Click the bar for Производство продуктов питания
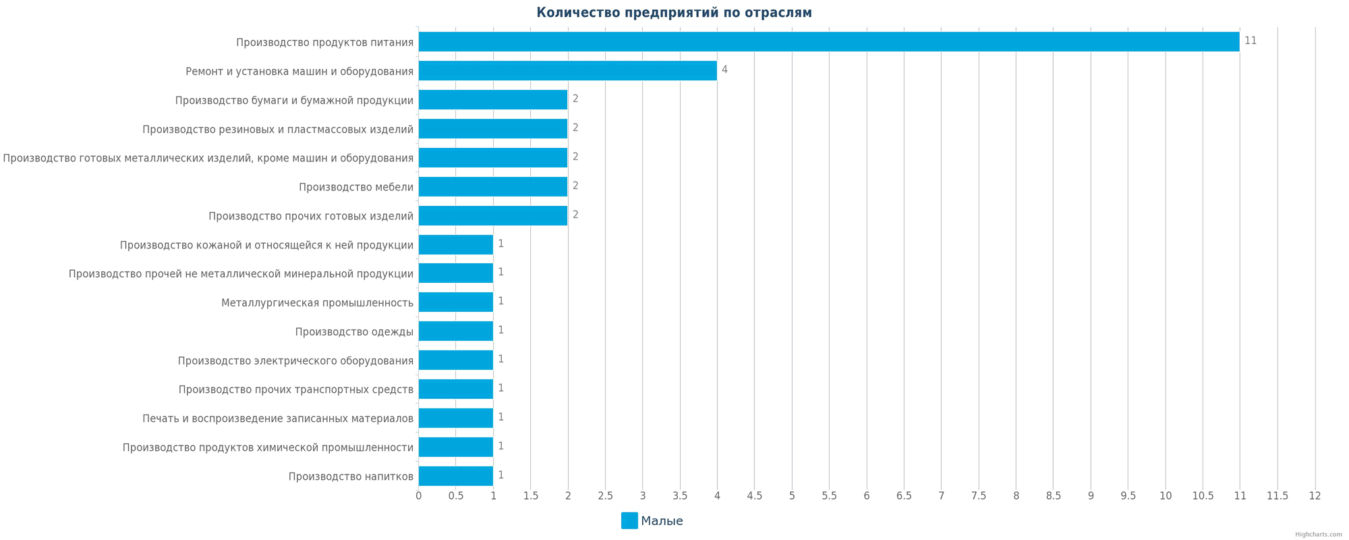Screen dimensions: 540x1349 coord(828,42)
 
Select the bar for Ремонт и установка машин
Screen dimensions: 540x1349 coord(567,71)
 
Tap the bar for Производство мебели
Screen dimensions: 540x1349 coord(493,186)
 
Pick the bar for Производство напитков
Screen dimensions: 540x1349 coord(456,476)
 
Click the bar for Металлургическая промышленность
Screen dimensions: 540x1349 coord(456,302)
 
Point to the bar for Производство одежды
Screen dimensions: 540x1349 coord(456,331)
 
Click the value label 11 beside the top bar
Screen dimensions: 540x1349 coord(1251,41)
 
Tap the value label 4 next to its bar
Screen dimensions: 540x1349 coord(724,70)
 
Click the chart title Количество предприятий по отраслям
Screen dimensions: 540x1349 coord(674,13)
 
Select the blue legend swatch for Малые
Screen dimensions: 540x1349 coord(629,520)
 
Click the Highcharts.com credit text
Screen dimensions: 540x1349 coord(1318,535)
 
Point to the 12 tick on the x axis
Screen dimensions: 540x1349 coord(1315,496)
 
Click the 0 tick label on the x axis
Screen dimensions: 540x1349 coord(419,496)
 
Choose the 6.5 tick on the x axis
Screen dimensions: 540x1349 coord(904,496)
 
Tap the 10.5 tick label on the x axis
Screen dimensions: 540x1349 coord(1203,496)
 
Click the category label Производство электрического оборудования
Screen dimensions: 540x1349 coord(295,361)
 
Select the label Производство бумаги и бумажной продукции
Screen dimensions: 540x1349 coord(294,101)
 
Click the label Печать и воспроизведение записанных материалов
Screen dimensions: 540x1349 coord(278,419)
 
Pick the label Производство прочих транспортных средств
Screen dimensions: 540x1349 coord(295,390)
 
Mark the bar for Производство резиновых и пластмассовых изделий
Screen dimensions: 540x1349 coord(493,128)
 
